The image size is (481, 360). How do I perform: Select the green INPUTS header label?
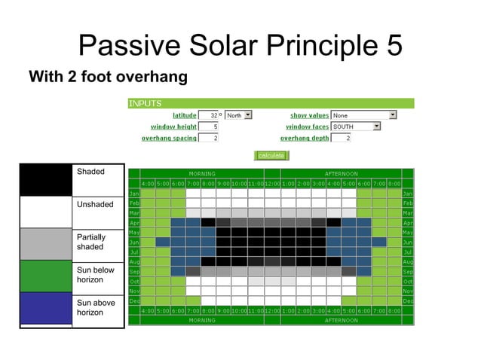[x=145, y=103]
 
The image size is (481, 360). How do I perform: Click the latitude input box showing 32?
[x=209, y=115]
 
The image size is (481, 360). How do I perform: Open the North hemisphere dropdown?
[x=238, y=115]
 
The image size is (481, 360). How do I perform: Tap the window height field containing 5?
[x=209, y=127]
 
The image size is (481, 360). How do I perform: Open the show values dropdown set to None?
[x=364, y=115]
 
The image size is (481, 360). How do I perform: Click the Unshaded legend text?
[x=95, y=205]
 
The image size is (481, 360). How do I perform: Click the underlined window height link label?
[x=173, y=127]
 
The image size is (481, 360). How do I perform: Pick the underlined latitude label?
[x=185, y=115]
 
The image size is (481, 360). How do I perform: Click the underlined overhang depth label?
[x=305, y=138]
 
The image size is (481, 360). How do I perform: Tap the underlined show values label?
[x=309, y=115]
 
